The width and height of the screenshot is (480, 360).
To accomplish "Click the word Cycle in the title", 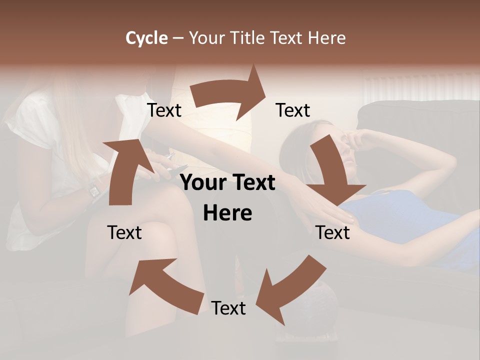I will pos(146,38).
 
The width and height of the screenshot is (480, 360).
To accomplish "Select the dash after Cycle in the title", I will pos(178,38).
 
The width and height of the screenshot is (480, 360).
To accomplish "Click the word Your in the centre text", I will pos(202,183).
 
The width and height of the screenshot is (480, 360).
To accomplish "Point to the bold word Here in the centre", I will pos(227,213).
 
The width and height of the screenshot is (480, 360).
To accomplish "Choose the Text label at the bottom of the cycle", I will pos(228,308).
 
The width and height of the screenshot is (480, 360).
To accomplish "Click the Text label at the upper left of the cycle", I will pos(164,110).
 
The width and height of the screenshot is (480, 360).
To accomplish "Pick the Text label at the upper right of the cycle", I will pos(293,110).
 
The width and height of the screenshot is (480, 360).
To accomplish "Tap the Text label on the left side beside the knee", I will pos(125,232).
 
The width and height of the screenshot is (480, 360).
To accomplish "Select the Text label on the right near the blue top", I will pos(333,232).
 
